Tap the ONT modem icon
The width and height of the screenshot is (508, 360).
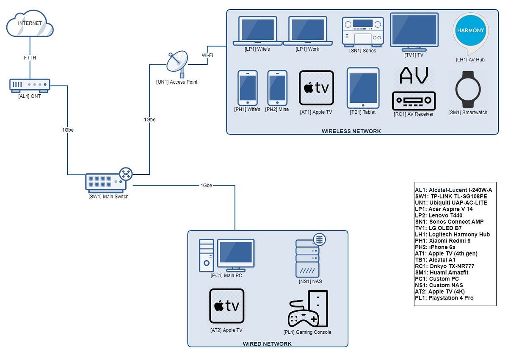coord(30,85)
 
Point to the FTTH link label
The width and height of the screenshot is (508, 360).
coord(30,58)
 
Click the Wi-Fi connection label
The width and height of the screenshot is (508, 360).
coord(207,55)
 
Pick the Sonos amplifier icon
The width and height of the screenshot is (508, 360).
coord(363,31)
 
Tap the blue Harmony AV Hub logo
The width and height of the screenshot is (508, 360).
coord(470,30)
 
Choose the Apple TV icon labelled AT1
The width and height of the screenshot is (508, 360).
coord(316,88)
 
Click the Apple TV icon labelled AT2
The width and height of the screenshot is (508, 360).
coord(226,306)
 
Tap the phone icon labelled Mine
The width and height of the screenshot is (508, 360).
coord(277,88)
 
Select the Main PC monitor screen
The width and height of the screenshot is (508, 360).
coord(236,253)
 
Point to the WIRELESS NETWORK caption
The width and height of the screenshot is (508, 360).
coord(351,131)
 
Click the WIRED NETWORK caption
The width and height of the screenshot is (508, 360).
coord(267,344)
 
